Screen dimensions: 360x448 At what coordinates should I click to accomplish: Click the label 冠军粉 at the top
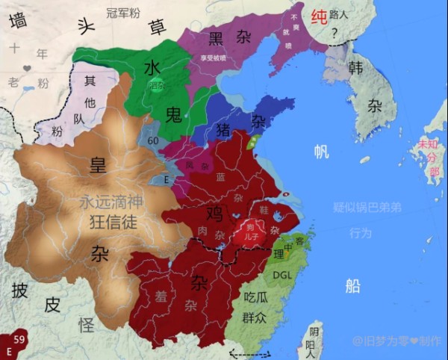click(x=122, y=13)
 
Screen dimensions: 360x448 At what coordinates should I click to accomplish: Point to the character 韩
click(x=355, y=67)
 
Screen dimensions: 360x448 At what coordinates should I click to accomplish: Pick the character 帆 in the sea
click(x=321, y=152)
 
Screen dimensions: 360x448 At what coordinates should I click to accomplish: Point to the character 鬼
click(x=172, y=114)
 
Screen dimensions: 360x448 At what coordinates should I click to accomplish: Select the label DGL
click(x=281, y=275)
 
